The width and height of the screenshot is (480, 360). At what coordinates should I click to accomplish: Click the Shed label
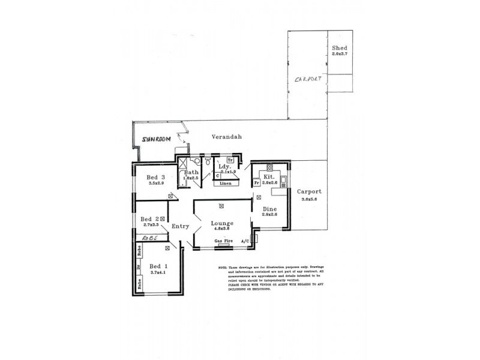tap(340, 48)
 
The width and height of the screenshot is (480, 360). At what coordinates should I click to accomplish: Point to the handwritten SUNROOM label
tap(156, 139)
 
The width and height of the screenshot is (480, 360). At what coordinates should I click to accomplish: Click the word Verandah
tap(227, 137)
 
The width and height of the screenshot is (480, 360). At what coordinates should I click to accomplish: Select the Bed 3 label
tap(155, 177)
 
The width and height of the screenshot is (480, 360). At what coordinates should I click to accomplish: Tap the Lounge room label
tap(221, 223)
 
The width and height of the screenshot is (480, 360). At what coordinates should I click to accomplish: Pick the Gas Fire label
tap(223, 242)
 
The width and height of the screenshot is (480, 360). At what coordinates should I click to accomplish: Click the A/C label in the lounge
tap(245, 242)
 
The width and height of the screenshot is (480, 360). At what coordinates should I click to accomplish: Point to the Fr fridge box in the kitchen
tap(256, 183)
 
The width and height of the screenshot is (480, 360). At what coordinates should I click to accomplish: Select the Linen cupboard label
tap(226, 184)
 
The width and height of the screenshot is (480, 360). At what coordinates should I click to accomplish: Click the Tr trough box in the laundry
tap(230, 160)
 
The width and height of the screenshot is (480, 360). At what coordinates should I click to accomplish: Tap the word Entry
tap(181, 226)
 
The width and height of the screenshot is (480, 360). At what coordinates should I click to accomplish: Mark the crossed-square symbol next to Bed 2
tap(163, 219)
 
